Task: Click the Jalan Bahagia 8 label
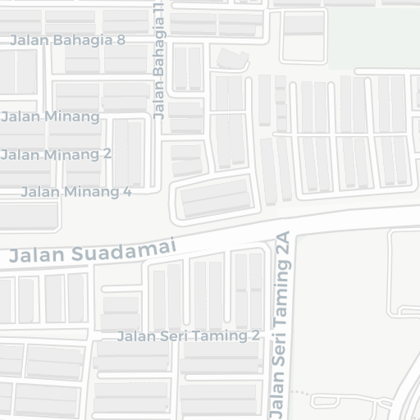(67, 40)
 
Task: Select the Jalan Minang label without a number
(50, 116)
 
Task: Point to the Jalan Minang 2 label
(56, 154)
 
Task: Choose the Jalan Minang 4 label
(75, 192)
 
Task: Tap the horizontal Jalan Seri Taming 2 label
(188, 336)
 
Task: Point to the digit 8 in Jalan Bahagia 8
(121, 39)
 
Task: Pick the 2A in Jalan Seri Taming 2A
(284, 246)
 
